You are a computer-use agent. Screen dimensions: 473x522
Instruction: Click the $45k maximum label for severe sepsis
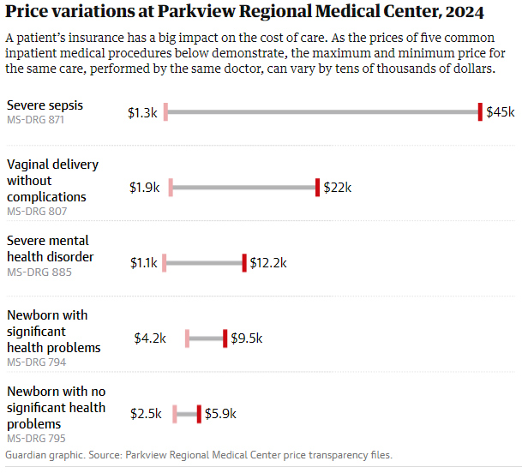tap(501, 112)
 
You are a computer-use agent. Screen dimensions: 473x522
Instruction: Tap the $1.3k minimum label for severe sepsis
tap(142, 112)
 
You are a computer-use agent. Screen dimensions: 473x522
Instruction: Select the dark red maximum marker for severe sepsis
tap(480, 112)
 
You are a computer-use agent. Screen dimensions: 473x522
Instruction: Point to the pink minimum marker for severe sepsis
tap(165, 112)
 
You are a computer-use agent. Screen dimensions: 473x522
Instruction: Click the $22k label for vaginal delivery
tap(338, 188)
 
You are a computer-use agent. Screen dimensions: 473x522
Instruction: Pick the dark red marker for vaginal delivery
tap(317, 188)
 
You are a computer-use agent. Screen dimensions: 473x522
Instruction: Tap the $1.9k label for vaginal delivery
tap(145, 188)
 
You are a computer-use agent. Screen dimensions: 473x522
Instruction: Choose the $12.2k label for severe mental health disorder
tap(268, 263)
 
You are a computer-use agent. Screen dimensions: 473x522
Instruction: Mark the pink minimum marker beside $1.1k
tap(164, 263)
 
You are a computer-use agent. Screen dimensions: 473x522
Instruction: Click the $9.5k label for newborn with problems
tap(247, 338)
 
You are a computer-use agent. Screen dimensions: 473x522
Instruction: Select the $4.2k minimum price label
tap(150, 338)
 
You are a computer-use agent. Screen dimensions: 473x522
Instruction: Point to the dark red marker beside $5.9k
tap(199, 414)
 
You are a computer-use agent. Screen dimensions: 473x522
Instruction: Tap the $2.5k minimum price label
tap(146, 414)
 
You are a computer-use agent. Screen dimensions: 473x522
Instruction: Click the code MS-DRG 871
tap(36, 120)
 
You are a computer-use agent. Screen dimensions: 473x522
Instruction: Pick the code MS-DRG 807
tap(36, 212)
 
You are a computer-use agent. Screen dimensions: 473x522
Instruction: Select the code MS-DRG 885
tap(36, 272)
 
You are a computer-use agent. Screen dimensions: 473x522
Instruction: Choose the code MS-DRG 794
tap(36, 362)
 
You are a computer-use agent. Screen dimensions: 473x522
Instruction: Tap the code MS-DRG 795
tap(36, 439)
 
